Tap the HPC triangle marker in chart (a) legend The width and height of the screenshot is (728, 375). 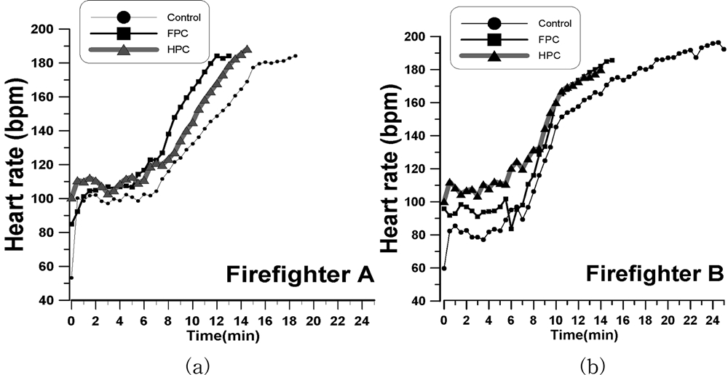tap(123, 49)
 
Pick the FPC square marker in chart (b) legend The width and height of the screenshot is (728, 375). tap(494, 39)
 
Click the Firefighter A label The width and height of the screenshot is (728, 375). tap(300, 275)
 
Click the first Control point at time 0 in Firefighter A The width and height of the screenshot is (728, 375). tap(71, 278)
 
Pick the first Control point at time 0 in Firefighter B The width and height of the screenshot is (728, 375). tap(444, 267)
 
